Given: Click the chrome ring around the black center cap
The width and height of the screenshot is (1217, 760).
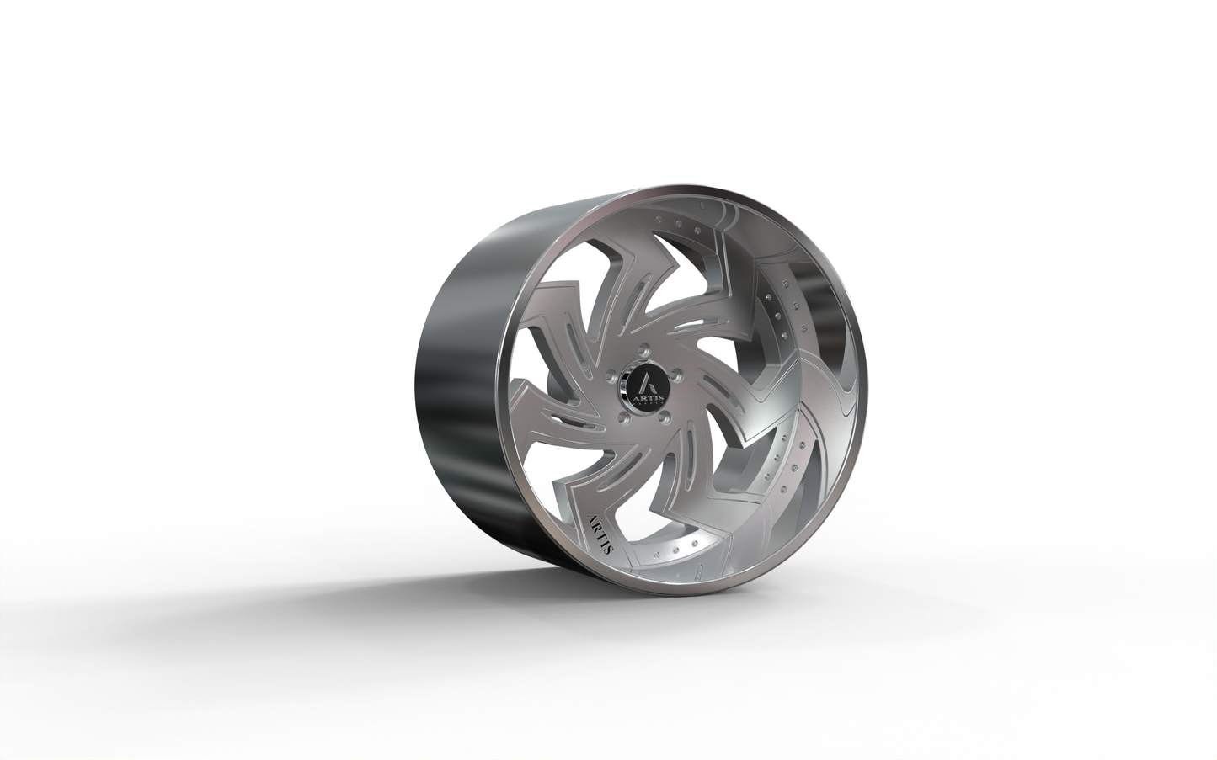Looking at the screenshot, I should click(x=623, y=387).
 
